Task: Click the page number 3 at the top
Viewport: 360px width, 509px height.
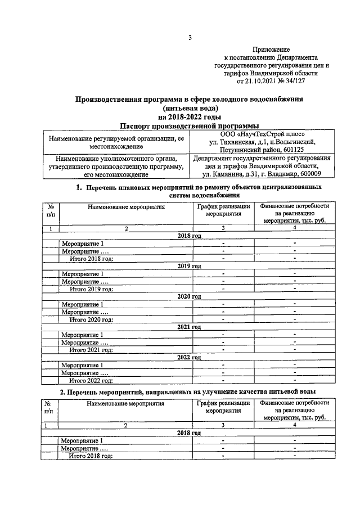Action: (190, 38)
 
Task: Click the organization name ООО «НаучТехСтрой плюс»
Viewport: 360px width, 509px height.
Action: (262, 134)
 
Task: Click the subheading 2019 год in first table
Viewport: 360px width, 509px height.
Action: (189, 265)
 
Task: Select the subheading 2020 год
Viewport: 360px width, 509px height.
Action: (189, 296)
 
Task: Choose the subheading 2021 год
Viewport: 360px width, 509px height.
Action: (189, 326)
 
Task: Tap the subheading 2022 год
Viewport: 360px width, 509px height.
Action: (189, 357)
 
